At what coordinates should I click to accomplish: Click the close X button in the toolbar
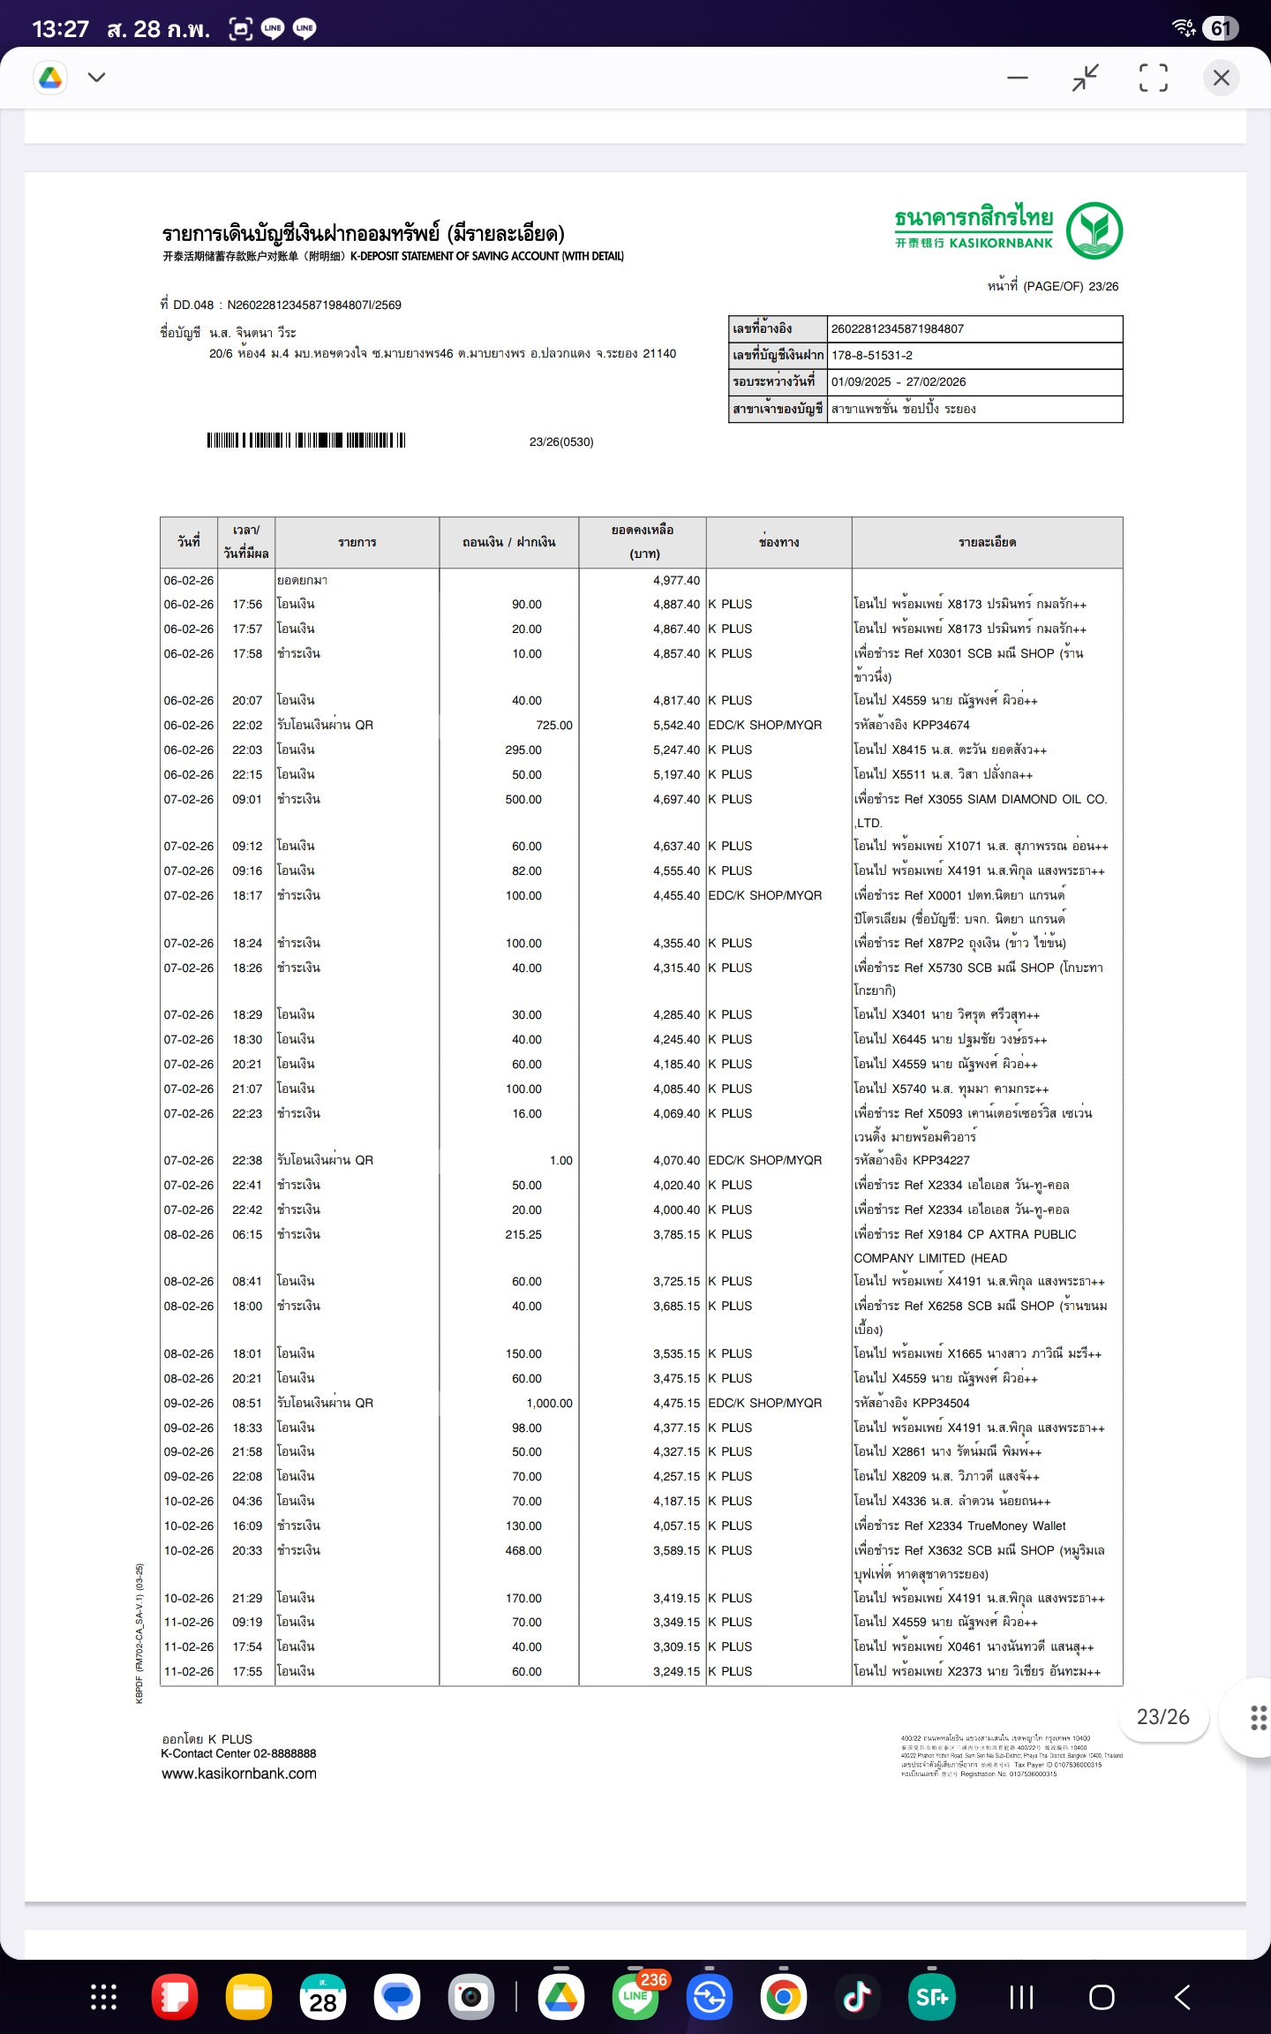[x=1221, y=78]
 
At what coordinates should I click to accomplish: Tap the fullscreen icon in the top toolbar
[x=1153, y=78]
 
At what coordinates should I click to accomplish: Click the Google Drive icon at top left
[x=50, y=78]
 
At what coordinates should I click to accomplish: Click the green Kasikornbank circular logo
[x=1094, y=230]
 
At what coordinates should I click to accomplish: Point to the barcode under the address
[x=306, y=441]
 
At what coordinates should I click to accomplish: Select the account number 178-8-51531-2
[x=872, y=355]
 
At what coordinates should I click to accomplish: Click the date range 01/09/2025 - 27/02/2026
[x=899, y=381]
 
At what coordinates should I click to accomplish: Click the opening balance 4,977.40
[x=676, y=580]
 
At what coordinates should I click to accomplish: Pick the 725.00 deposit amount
[x=554, y=725]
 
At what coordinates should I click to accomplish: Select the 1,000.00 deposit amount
[x=549, y=1403]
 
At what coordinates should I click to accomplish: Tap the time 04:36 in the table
[x=247, y=1501]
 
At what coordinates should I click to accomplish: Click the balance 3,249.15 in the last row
[x=676, y=1671]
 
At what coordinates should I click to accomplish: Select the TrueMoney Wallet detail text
[x=1016, y=1525]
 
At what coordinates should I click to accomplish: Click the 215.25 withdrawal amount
[x=523, y=1234]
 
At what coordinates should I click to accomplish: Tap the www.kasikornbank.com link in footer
[x=239, y=1774]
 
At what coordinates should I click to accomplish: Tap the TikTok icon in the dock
[x=856, y=1997]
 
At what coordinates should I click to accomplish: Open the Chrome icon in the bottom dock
[x=783, y=1997]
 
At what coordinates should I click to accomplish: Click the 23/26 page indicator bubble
[x=1162, y=1716]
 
